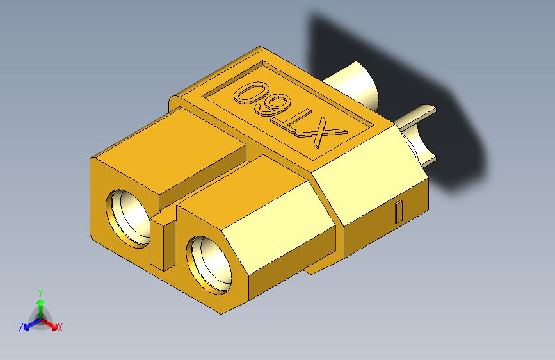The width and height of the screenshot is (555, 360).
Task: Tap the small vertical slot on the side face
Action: click(x=399, y=211)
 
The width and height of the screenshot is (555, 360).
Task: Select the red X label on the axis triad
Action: click(x=60, y=327)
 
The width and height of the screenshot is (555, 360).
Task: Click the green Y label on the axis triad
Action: click(x=40, y=291)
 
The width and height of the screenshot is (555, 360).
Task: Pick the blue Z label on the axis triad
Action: click(x=21, y=327)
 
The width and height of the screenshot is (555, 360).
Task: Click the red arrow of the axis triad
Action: click(x=51, y=324)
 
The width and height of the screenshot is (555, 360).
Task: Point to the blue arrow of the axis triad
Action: click(x=29, y=324)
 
